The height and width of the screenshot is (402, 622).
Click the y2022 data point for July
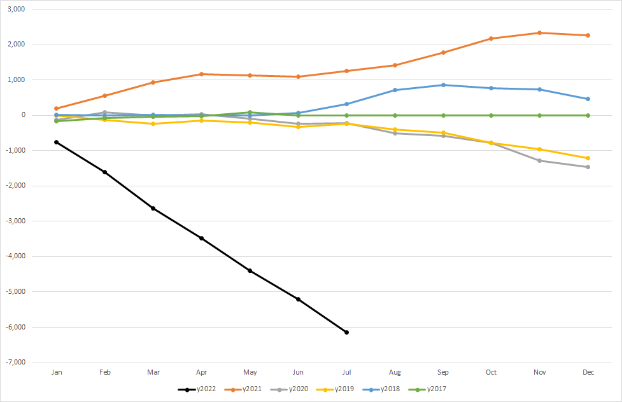[x=346, y=332]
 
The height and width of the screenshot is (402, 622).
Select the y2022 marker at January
[x=57, y=142]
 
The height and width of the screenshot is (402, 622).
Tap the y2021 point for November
[x=540, y=32]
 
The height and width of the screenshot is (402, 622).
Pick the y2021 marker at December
[x=588, y=35]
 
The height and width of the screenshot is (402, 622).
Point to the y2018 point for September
[x=443, y=85]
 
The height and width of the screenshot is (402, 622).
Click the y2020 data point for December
[x=588, y=167]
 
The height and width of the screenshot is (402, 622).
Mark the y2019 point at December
[x=588, y=158]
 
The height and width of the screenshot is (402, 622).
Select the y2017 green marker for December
[x=588, y=115]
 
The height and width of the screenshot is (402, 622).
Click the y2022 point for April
[x=202, y=238]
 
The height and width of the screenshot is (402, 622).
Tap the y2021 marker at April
[x=202, y=74]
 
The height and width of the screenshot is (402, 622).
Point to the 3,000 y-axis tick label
[x=23, y=10]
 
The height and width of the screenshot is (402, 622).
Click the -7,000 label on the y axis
[x=22, y=363]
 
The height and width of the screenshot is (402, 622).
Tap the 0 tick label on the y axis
[x=30, y=115]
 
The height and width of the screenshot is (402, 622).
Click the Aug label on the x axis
[x=395, y=372]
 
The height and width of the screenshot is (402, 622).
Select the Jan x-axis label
[x=57, y=372]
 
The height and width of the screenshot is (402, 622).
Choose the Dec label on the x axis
[x=588, y=372]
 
